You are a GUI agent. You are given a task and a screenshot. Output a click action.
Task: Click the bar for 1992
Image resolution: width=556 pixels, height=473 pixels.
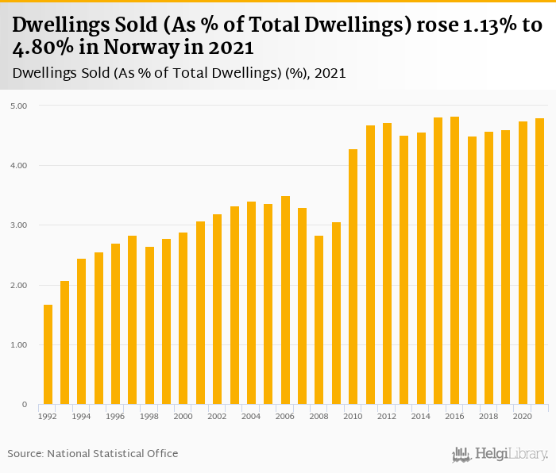(x=48, y=355)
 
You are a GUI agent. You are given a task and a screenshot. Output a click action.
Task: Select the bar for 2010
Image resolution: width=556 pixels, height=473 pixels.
(x=353, y=277)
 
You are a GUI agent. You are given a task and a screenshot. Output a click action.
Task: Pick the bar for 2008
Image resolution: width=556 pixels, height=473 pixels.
(x=319, y=320)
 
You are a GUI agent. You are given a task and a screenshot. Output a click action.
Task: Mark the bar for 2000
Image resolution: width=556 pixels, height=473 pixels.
(x=183, y=318)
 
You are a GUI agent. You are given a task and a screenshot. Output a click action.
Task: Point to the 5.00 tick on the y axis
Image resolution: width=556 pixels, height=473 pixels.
(x=18, y=106)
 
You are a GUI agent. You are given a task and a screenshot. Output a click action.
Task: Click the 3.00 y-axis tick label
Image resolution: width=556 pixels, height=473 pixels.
(x=18, y=225)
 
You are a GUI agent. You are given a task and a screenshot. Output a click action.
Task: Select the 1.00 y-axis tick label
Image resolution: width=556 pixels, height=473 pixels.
(x=18, y=345)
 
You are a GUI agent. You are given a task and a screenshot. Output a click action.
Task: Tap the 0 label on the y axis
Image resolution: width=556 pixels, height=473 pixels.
(x=25, y=405)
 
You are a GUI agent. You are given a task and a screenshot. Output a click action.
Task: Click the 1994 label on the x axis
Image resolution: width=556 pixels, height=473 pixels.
(x=82, y=416)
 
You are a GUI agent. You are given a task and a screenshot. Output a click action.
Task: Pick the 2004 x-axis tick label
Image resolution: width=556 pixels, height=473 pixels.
(x=251, y=416)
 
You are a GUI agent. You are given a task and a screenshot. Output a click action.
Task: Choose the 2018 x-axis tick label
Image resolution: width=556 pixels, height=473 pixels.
(x=488, y=416)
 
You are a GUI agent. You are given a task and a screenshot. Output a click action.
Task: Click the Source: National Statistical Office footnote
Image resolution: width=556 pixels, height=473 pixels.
(x=93, y=453)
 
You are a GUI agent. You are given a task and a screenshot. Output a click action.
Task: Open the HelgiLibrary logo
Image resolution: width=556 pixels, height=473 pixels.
(x=500, y=454)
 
